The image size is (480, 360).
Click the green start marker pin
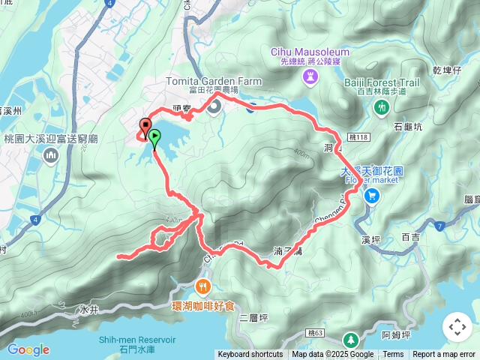154,137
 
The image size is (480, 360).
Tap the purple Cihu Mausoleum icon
309,76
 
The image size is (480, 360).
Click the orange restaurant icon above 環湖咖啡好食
203,286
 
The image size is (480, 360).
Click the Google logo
28,349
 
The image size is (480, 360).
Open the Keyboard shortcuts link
250,355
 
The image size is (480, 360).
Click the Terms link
393,355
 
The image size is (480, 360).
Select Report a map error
444,355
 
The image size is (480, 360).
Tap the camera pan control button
457,327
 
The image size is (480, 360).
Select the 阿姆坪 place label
395,334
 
